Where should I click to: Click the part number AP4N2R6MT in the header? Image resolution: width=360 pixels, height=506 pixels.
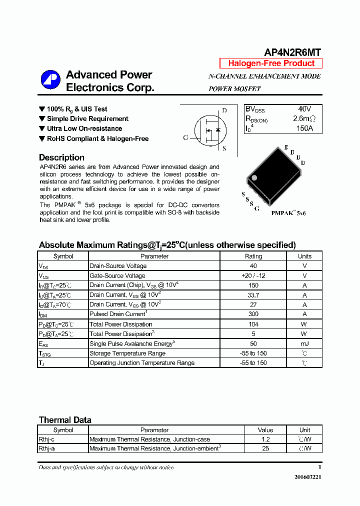[292, 52]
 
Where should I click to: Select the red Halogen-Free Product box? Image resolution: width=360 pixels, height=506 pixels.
[271, 63]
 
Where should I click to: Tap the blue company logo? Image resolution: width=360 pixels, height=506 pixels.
[50, 80]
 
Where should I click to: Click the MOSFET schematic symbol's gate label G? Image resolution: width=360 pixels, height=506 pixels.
[185, 137]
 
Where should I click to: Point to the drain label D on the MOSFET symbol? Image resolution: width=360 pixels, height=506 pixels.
[224, 110]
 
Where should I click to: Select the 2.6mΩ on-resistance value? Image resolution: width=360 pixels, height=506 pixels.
[304, 119]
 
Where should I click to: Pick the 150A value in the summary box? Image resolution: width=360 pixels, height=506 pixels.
[304, 128]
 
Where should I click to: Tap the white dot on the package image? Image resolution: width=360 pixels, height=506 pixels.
[254, 177]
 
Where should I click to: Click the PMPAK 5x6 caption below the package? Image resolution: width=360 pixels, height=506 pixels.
[288, 213]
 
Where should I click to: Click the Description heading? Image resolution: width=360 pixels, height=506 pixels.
[61, 157]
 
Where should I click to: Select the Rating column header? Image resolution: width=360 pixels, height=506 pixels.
[253, 256]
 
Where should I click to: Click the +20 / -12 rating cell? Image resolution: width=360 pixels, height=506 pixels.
[253, 275]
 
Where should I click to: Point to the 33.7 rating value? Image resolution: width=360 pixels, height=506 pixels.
[253, 295]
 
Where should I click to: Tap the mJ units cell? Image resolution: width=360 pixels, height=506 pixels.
[304, 343]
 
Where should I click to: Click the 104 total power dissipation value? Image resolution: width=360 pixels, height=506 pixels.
[253, 324]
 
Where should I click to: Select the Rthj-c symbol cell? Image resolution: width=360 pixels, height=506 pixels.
[46, 439]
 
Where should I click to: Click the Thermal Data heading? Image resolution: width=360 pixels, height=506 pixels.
[65, 420]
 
